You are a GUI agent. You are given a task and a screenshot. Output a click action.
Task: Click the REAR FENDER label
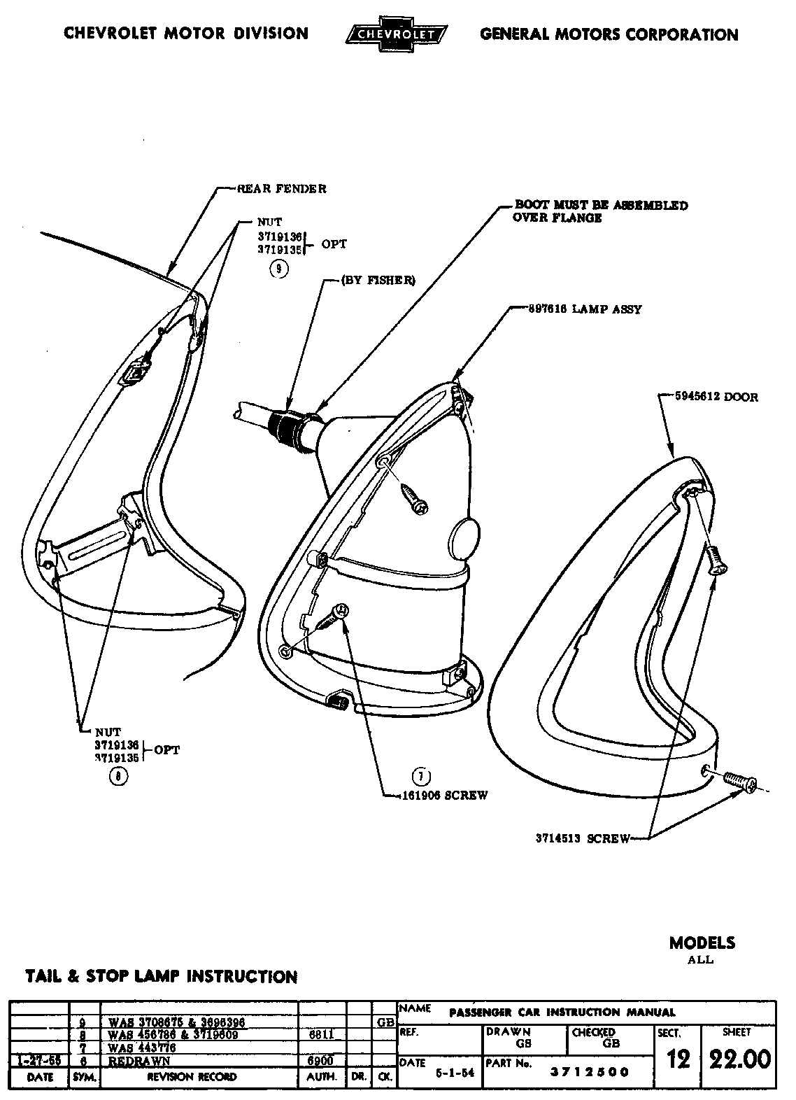(281, 188)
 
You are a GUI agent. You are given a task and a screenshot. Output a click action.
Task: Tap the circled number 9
(278, 269)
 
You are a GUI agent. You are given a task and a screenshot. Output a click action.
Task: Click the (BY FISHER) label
(378, 281)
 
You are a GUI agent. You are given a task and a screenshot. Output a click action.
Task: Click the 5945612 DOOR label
(716, 397)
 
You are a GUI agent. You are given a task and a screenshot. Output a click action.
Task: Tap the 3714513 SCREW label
(583, 838)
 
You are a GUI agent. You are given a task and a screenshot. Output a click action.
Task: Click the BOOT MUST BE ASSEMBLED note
(601, 211)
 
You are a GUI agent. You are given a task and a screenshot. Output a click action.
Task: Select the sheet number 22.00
(739, 1059)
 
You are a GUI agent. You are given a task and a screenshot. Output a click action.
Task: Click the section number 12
(678, 1059)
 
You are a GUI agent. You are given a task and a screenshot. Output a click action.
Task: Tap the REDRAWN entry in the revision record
(140, 1060)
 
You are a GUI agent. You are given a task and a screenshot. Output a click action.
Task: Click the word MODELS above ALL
(702, 943)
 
